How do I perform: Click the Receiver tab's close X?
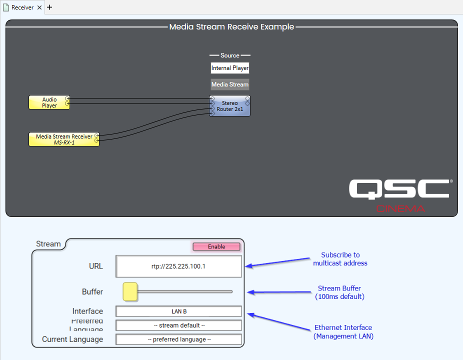(39, 7)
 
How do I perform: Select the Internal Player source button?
(230, 68)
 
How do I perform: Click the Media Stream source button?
(230, 84)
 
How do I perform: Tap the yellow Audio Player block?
(48, 102)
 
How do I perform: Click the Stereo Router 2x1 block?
(230, 106)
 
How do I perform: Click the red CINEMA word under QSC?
(400, 208)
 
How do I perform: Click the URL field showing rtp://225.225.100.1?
(179, 266)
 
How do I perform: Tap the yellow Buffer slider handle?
(130, 291)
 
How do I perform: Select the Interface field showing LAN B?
(179, 311)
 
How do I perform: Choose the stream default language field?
(179, 325)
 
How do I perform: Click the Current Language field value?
(179, 339)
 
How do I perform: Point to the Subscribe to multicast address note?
(340, 259)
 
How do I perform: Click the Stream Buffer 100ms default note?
(339, 292)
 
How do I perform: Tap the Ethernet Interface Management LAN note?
(343, 332)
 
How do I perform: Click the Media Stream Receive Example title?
(231, 27)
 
